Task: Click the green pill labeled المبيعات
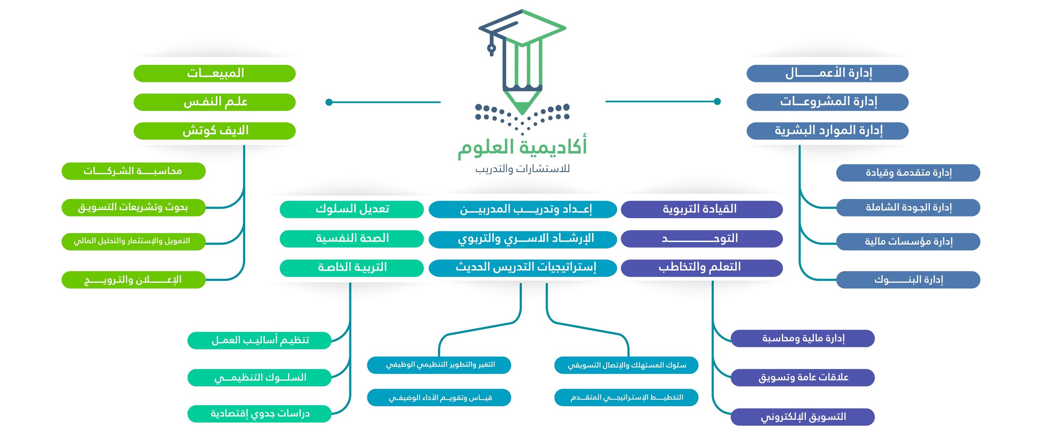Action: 214,73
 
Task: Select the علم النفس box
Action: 214,102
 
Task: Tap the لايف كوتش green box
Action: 214,131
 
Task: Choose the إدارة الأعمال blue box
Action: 827,73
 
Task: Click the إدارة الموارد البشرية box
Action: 827,131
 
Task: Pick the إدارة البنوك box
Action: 908,280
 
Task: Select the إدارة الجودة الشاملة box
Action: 908,207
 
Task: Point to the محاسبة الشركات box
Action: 134,171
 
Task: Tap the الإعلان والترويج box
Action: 134,280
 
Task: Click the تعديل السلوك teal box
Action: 352,209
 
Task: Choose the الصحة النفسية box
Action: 352,239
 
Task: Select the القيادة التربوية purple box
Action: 701,209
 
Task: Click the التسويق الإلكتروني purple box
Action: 803,417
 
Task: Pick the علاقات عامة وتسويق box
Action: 803,378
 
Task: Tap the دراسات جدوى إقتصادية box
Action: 259,413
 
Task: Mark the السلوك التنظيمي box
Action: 259,378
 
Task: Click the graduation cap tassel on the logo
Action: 492,48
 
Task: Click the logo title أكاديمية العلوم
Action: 522,146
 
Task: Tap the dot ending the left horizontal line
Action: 329,102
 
